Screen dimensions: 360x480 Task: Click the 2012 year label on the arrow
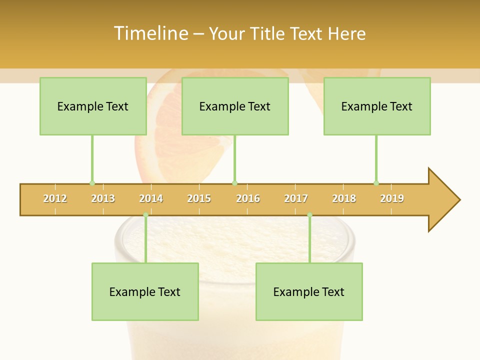click(x=55, y=198)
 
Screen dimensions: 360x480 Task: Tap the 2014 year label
click(x=151, y=198)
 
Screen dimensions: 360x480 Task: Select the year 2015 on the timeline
click(x=199, y=198)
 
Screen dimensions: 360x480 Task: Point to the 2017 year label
click(x=296, y=198)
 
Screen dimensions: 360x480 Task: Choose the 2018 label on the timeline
click(x=344, y=198)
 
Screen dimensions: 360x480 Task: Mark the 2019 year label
click(x=392, y=198)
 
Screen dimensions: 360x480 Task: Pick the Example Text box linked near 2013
click(x=93, y=106)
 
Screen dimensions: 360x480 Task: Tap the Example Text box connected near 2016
click(x=235, y=106)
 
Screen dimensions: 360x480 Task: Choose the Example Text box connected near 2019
click(x=377, y=106)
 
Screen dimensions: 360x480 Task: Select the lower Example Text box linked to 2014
click(x=145, y=291)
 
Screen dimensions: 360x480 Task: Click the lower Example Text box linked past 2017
click(x=309, y=291)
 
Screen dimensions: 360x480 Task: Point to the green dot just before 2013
click(x=92, y=183)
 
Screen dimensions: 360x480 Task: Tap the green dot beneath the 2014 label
click(x=145, y=215)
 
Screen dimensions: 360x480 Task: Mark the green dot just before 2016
click(x=234, y=183)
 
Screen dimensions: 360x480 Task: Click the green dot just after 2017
click(x=309, y=215)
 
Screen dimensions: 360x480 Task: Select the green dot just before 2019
click(x=376, y=183)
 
